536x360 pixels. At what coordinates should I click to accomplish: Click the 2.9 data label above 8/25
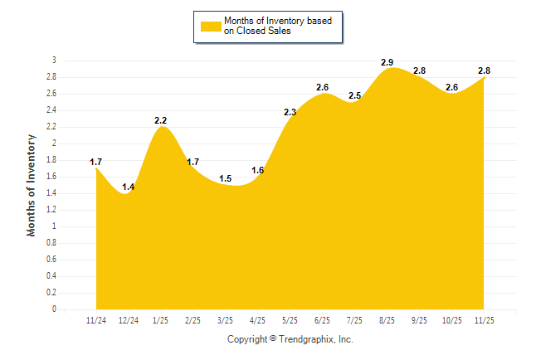(x=387, y=63)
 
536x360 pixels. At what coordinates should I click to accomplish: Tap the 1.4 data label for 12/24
(x=128, y=187)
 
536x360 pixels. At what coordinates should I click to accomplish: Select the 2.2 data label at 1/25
(x=161, y=121)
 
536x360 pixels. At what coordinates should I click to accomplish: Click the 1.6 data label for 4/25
(x=257, y=171)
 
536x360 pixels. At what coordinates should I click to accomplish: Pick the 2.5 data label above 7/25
(x=354, y=96)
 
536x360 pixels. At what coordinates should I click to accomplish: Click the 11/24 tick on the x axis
(x=96, y=320)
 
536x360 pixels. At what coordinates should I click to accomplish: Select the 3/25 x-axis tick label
(x=225, y=320)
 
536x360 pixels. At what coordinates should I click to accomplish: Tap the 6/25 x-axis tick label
(x=322, y=320)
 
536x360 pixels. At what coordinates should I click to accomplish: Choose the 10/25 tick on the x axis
(x=451, y=320)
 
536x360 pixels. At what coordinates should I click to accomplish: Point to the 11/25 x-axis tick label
(x=484, y=320)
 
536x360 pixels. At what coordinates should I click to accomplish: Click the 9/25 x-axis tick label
(x=419, y=320)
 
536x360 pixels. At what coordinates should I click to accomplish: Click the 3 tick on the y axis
(x=54, y=61)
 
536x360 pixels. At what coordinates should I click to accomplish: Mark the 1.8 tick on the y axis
(x=51, y=160)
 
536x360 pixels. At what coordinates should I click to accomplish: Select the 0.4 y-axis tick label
(x=51, y=276)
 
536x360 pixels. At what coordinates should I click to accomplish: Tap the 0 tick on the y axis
(x=54, y=309)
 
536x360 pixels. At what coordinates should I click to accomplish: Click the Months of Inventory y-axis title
(x=32, y=185)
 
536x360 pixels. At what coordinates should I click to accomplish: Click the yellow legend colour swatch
(x=210, y=27)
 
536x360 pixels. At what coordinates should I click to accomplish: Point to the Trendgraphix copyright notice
(x=290, y=339)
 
